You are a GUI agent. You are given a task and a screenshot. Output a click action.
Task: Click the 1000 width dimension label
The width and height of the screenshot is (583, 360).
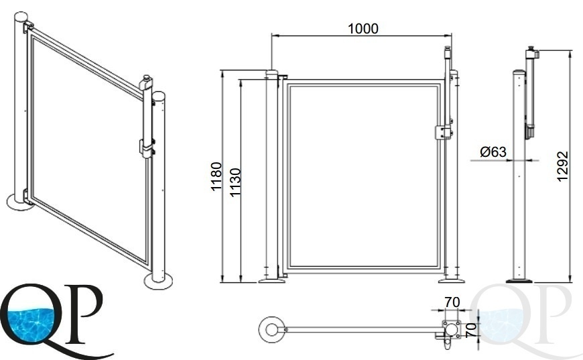point(363,29)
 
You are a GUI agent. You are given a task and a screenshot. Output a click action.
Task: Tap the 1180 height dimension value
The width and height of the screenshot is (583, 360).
point(216,177)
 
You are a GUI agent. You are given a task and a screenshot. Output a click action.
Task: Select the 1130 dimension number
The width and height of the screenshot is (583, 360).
point(235,182)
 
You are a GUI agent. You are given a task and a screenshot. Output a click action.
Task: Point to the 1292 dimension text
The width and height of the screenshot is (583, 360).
point(562,166)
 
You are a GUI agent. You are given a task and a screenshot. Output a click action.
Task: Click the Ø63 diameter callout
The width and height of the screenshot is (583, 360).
point(493,152)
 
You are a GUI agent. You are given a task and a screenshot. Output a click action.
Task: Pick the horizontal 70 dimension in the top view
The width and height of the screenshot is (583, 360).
point(452,302)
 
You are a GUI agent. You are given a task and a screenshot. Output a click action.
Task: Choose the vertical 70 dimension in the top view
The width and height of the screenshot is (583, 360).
point(471,331)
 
